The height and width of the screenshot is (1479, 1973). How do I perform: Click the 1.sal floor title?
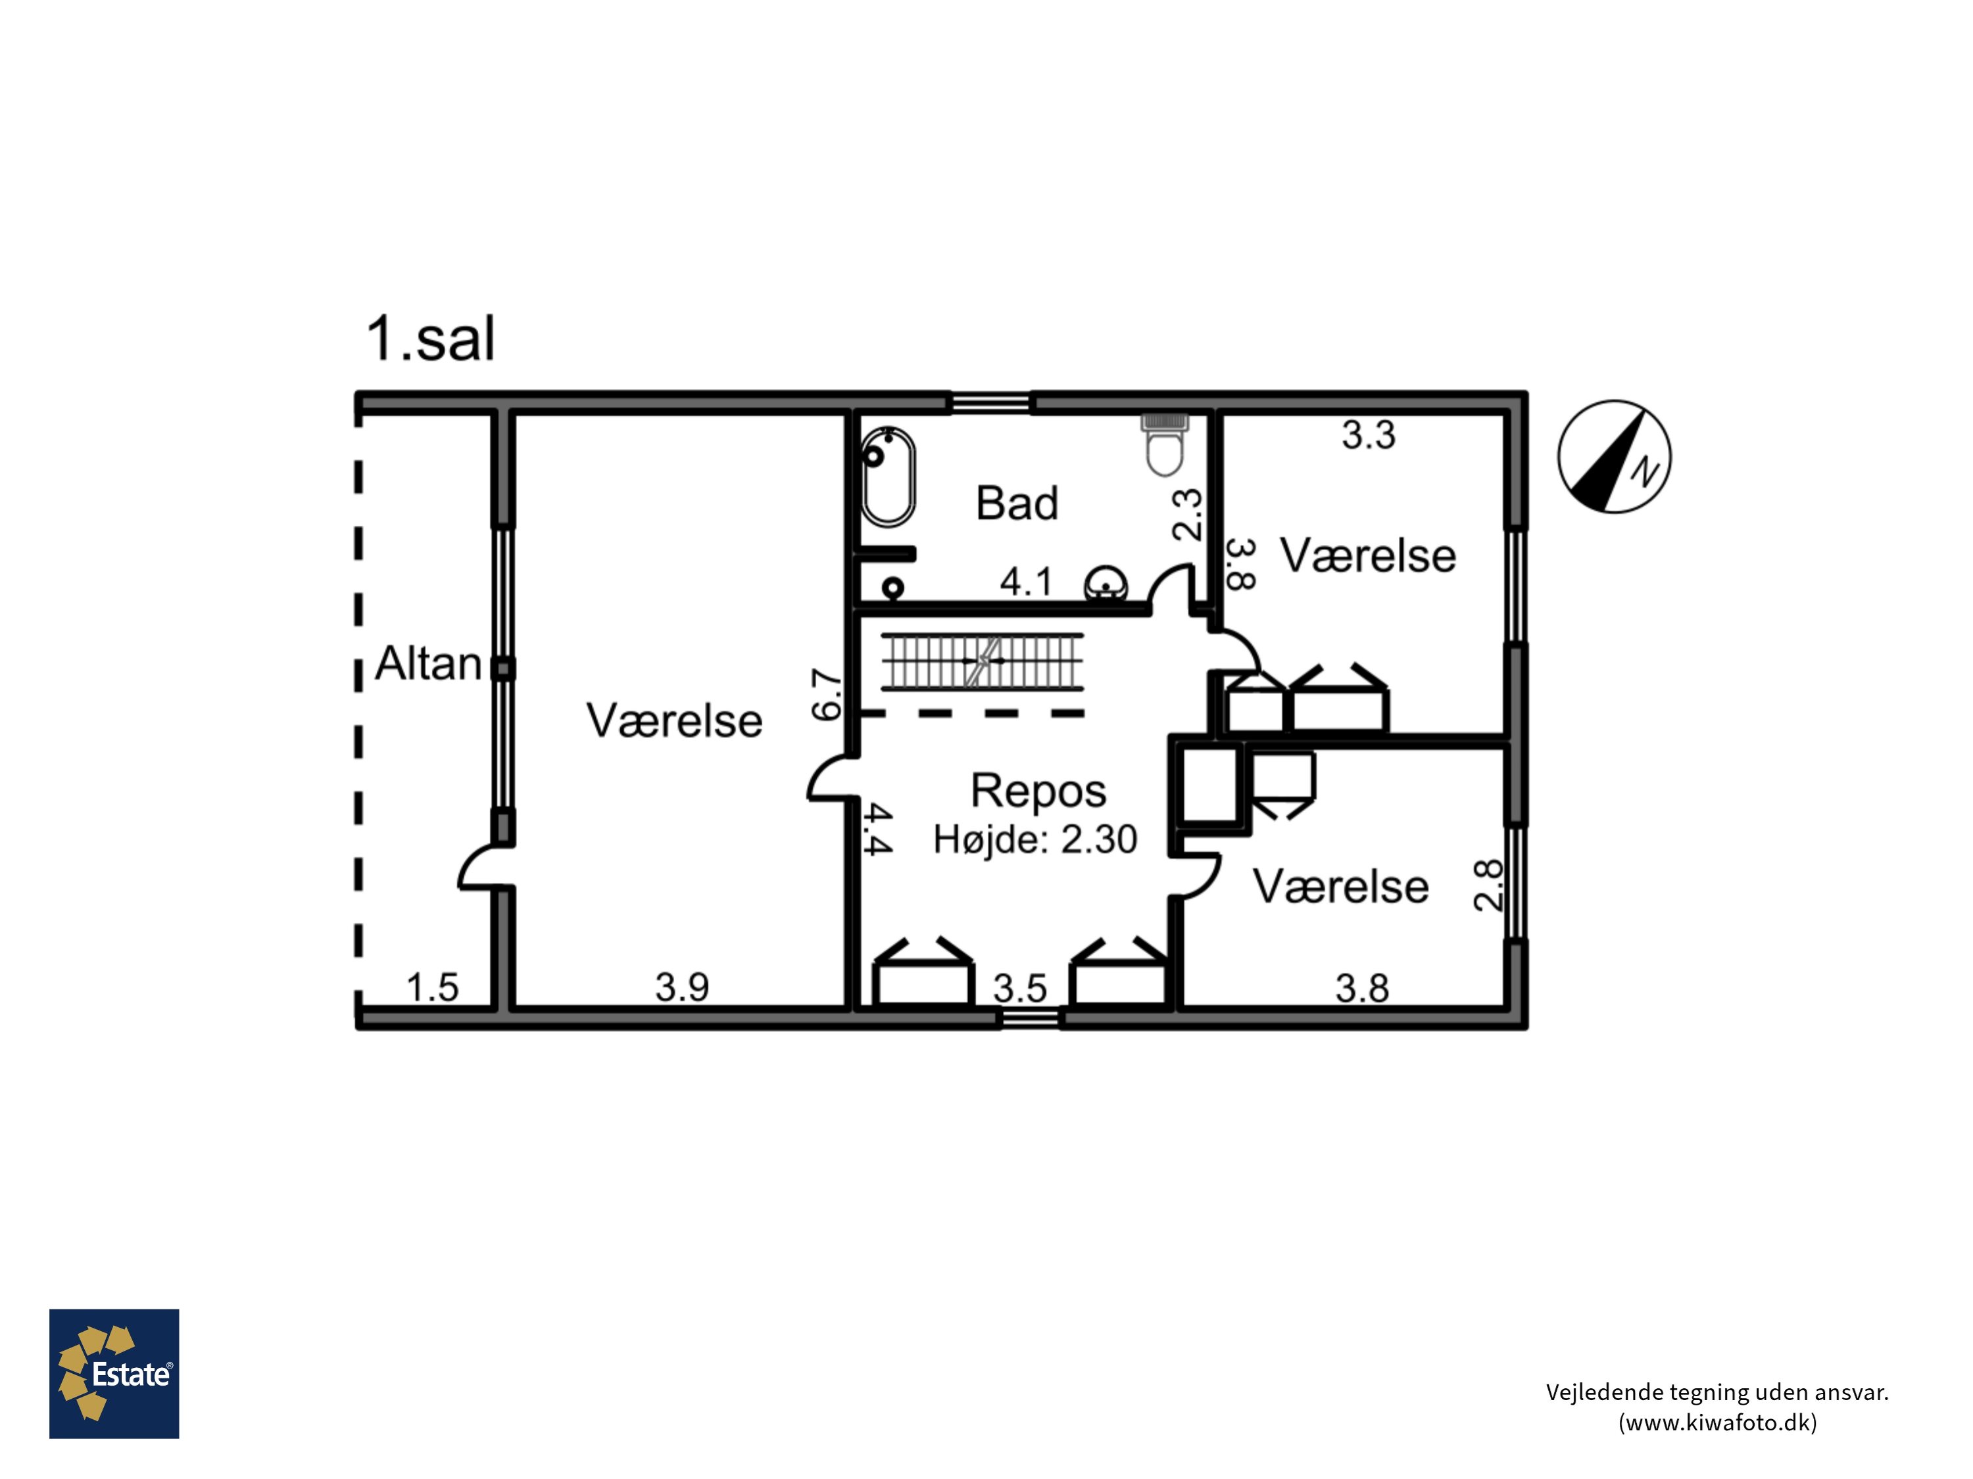[430, 339]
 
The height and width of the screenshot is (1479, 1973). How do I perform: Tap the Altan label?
[428, 663]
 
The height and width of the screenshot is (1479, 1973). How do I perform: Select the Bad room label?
[1017, 503]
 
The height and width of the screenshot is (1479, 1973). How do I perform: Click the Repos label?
[1038, 791]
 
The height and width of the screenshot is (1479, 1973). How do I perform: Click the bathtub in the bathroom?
[887, 476]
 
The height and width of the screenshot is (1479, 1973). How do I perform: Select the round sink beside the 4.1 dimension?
[1106, 586]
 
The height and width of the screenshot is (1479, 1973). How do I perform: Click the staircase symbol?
[982, 661]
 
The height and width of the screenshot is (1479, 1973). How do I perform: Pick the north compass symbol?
[1615, 456]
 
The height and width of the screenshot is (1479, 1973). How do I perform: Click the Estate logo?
[114, 1374]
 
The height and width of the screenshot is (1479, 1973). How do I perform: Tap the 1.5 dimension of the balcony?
[433, 988]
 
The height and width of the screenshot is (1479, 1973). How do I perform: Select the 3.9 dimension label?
[683, 987]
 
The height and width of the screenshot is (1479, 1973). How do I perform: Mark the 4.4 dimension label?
[879, 829]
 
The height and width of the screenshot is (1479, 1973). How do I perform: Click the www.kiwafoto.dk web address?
[1717, 1422]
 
